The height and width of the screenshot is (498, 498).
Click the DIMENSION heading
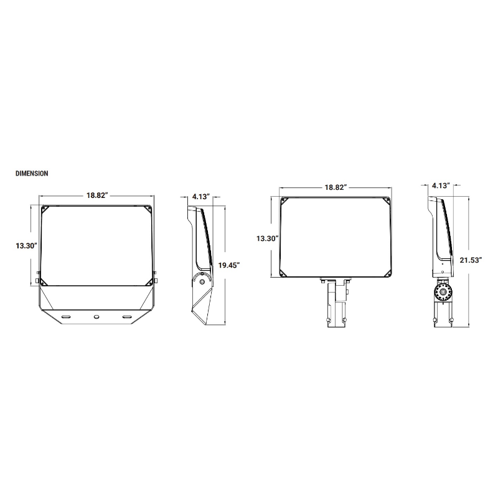[32, 174]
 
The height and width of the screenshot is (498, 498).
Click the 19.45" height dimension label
[228, 265]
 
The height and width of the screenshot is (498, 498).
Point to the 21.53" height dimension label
[471, 260]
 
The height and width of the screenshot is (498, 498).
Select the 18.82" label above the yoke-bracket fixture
[98, 195]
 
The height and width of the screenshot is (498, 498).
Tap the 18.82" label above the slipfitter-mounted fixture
[336, 187]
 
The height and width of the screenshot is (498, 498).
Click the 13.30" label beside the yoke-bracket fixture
[27, 245]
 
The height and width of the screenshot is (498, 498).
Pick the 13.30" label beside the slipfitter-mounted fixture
[268, 238]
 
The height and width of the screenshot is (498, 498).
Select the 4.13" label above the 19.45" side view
[201, 197]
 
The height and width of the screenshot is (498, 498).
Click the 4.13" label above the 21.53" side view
[441, 186]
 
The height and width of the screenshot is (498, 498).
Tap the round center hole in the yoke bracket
[96, 317]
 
